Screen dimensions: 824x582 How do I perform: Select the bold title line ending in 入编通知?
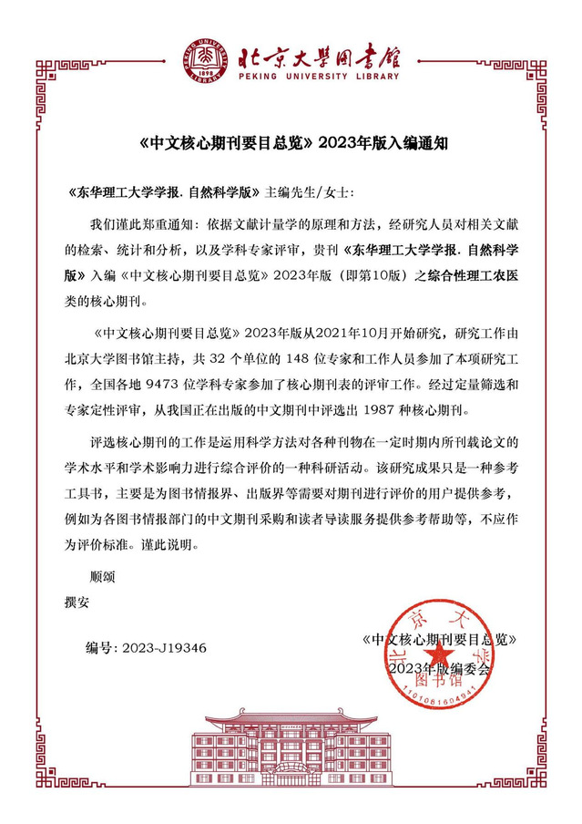pos(291,142)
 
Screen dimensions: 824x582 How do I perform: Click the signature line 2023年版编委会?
pos(438,668)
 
